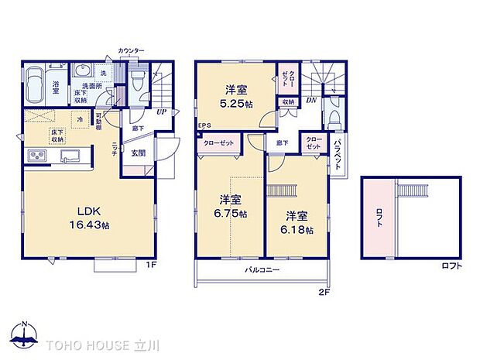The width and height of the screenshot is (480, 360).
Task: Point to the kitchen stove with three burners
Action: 37,157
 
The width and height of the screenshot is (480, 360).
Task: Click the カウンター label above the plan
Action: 131,50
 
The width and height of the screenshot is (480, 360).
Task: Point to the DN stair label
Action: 310,101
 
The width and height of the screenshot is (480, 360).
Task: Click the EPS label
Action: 204,126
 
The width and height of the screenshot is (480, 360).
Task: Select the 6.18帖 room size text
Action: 298,230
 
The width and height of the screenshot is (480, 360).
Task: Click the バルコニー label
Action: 262,270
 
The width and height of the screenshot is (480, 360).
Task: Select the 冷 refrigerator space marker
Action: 81,119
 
